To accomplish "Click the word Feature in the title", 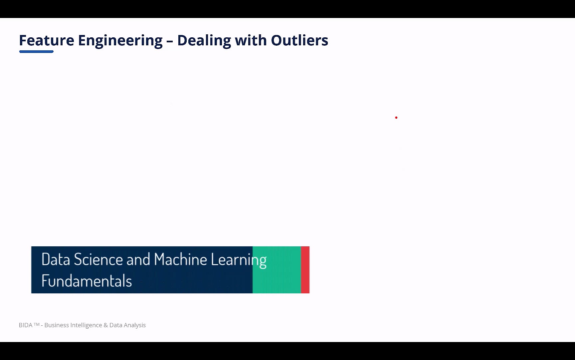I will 47,40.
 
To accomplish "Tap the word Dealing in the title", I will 204,41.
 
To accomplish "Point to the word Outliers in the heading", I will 299,40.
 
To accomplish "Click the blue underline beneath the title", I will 36,52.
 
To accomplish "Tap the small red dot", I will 396,118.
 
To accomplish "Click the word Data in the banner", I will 56,259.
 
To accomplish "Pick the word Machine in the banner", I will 180,259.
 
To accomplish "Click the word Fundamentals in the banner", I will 87,281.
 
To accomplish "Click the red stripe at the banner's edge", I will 305,270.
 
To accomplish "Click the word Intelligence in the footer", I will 86,325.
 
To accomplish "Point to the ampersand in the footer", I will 106,325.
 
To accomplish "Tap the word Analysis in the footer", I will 134,325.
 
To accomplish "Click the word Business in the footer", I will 57,325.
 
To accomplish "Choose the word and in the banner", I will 138,259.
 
